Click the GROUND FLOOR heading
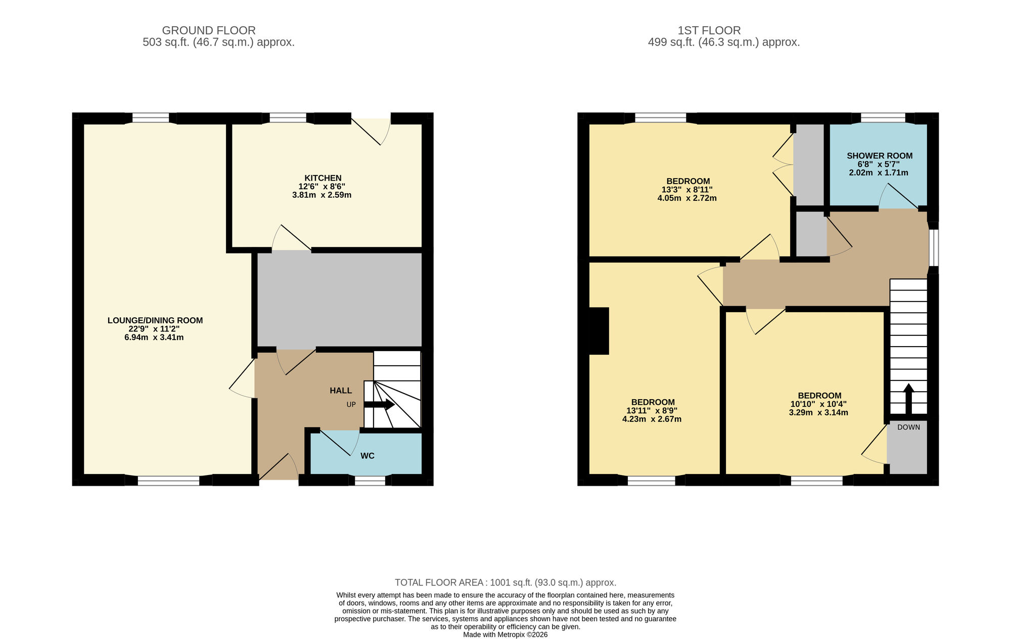pyautogui.click(x=208, y=30)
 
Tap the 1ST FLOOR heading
pyautogui.click(x=709, y=30)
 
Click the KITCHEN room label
pyautogui.click(x=323, y=178)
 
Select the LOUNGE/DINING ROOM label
pyautogui.click(x=155, y=320)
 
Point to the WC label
pyautogui.click(x=367, y=456)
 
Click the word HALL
pyautogui.click(x=340, y=391)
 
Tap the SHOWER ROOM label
pyautogui.click(x=879, y=156)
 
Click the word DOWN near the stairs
pyautogui.click(x=908, y=428)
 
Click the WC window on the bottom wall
pyautogui.click(x=370, y=481)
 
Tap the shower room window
pyautogui.click(x=883, y=118)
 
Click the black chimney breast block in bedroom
pyautogui.click(x=599, y=331)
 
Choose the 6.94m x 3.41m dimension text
pyautogui.click(x=154, y=337)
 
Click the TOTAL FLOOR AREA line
pyautogui.click(x=505, y=582)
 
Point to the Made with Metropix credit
pyautogui.click(x=505, y=634)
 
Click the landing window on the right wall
pyautogui.click(x=933, y=247)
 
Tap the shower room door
pyautogui.click(x=898, y=197)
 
